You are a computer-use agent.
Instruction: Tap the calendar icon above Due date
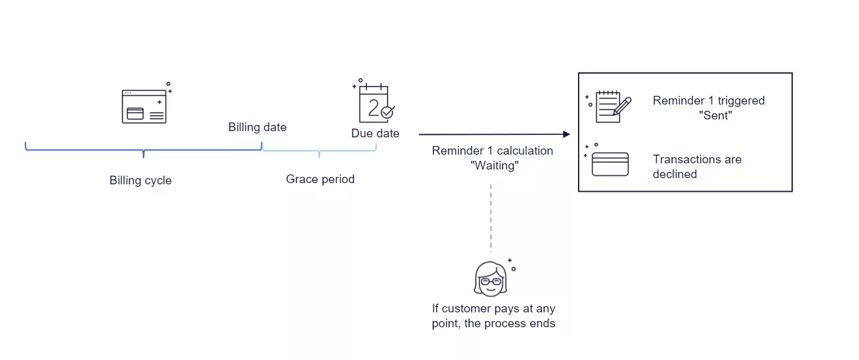374,104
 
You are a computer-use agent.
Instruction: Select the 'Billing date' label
257,127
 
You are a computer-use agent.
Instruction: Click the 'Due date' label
375,134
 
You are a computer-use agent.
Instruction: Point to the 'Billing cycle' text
140,181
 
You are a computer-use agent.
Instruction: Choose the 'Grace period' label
320,179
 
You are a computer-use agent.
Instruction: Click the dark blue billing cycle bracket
143,150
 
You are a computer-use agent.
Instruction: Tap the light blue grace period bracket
319,150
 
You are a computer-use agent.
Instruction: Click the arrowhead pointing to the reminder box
566,134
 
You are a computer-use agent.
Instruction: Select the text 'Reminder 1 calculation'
493,151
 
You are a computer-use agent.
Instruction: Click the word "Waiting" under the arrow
494,166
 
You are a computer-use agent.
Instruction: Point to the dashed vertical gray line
491,216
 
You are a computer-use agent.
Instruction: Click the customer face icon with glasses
490,279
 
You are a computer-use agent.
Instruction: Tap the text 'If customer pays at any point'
493,309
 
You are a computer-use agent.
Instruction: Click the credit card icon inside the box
610,164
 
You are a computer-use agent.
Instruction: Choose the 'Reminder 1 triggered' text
709,101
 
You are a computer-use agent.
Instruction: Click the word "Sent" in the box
715,116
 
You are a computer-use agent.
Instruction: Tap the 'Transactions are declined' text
697,166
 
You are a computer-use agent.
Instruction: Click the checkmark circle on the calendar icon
387,113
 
